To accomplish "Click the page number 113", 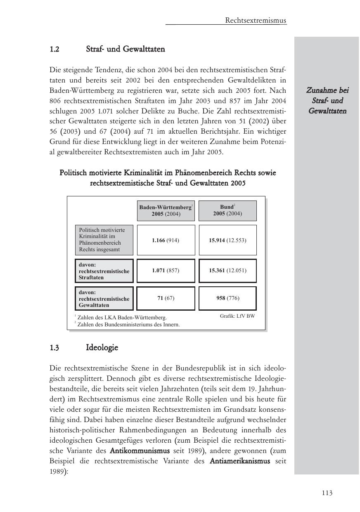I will (327, 493).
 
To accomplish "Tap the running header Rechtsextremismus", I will (256, 20).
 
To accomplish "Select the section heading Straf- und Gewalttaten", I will (126, 49).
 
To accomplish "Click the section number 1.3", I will (54, 347).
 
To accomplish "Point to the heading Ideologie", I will (102, 347).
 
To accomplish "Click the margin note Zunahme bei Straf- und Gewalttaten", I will (327, 100).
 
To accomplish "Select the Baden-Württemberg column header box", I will (166, 210).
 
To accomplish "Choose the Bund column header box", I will (227, 210).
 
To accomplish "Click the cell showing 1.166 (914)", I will (166, 240).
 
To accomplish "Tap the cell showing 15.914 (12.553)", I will (227, 240).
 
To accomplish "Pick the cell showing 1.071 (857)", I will (166, 270).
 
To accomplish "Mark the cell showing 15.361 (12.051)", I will (227, 270).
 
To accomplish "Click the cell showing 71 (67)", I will (166, 298).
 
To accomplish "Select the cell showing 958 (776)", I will (227, 298).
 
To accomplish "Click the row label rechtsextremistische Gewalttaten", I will (104, 299).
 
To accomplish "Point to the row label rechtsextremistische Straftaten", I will (104, 271).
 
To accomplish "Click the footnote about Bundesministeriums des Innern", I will (128, 324).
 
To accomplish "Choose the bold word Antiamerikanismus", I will (240, 460).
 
